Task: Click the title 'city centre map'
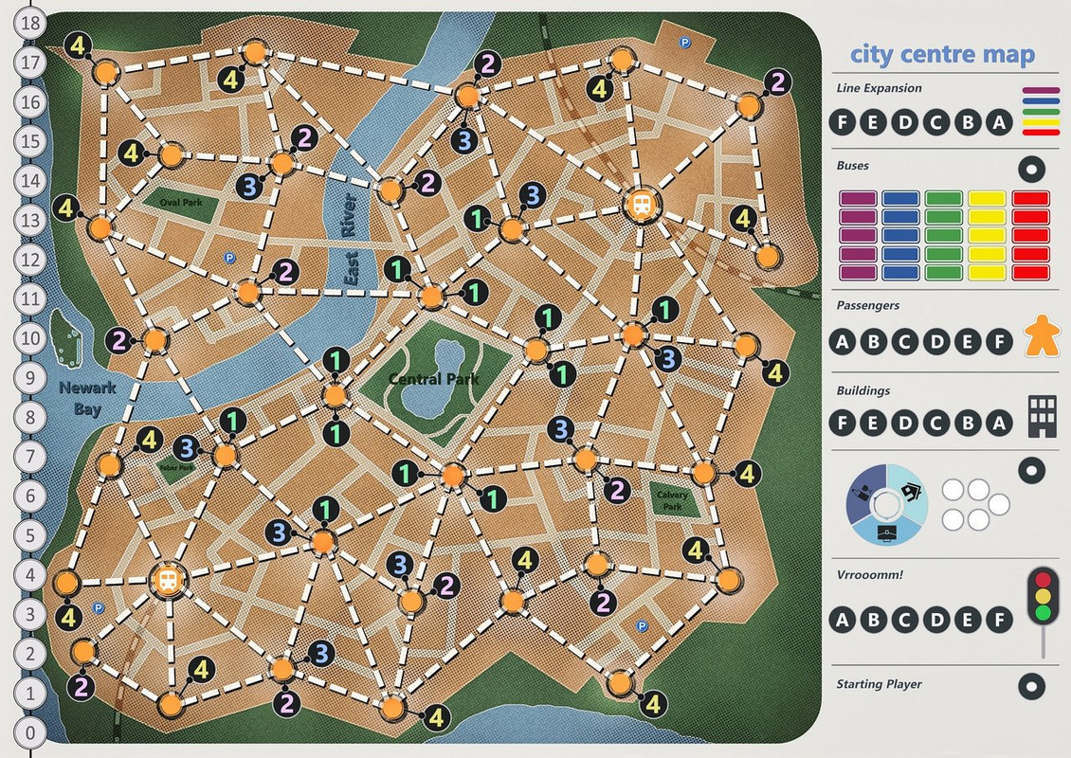coord(941,55)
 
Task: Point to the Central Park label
coord(433,379)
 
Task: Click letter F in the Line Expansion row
coord(843,122)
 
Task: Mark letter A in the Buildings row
coord(995,423)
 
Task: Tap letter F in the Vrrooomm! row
coord(995,621)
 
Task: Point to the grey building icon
coord(1042,417)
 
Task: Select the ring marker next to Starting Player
coord(1031,685)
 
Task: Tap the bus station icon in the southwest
coord(167,581)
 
